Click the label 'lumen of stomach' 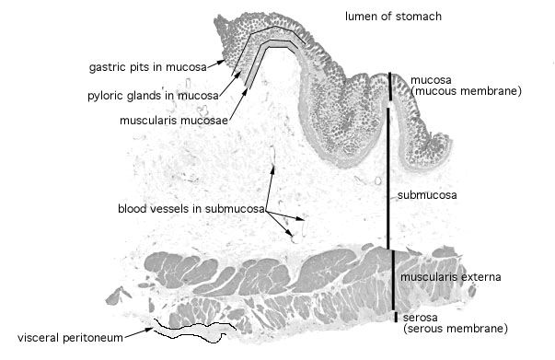tap(393, 17)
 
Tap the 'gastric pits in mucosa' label tap(148, 67)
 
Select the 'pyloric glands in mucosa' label tap(153, 96)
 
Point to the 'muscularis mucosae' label tap(174, 121)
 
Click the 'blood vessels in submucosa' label tap(191, 208)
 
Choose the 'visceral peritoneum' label tap(70, 338)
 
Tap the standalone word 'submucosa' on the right tap(427, 195)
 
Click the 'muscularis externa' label tap(451, 277)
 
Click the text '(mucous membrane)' tap(466, 91)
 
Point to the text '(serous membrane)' tap(456, 329)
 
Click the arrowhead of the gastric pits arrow tap(222, 62)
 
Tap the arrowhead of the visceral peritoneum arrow tap(150, 330)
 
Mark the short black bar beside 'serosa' tap(396, 317)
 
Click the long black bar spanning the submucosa tap(387, 179)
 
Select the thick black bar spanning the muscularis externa tap(393, 280)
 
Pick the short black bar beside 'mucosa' tap(390, 87)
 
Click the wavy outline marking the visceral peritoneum tap(195, 331)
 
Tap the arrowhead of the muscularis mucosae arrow tap(245, 91)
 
